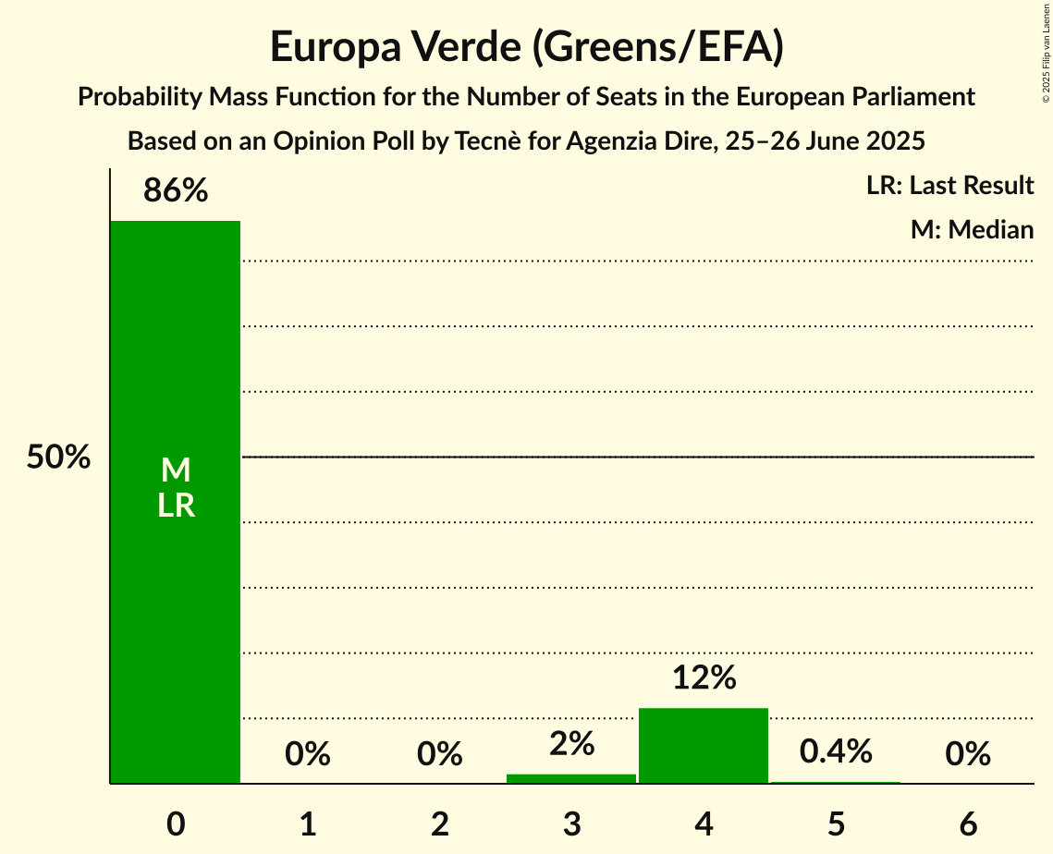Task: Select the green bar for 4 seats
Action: tap(704, 745)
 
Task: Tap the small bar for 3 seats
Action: tap(571, 778)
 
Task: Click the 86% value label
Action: tap(175, 191)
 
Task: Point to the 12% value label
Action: tap(704, 678)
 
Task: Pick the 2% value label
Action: tap(571, 744)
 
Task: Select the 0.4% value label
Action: tap(836, 752)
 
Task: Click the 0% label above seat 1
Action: tap(308, 755)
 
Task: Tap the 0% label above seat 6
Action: tap(968, 755)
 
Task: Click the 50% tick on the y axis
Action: tap(58, 457)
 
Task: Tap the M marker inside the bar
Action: tap(175, 471)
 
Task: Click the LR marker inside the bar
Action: tap(175, 506)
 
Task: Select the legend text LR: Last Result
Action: tap(949, 186)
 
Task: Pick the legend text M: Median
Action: tap(972, 229)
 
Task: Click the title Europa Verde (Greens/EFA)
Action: tap(526, 47)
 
